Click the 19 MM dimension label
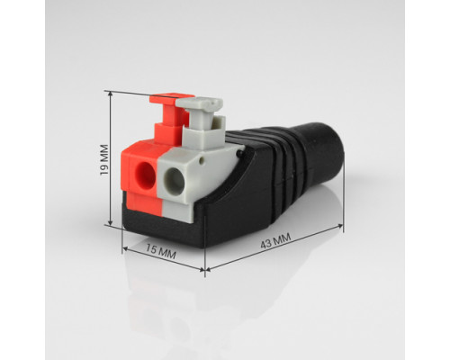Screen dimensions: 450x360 pyautogui.click(x=104, y=160)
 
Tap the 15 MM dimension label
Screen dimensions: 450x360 pyautogui.click(x=161, y=252)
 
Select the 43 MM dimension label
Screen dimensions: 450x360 pyautogui.click(x=275, y=241)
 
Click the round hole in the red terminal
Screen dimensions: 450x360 pyautogui.click(x=145, y=175)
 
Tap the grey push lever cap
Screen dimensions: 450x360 pyautogui.click(x=200, y=104)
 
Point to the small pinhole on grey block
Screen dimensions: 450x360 pyautogui.click(x=202, y=161)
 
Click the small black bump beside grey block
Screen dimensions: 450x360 pyautogui.click(x=239, y=153)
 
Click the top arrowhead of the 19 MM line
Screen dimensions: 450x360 pyautogui.click(x=111, y=94)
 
